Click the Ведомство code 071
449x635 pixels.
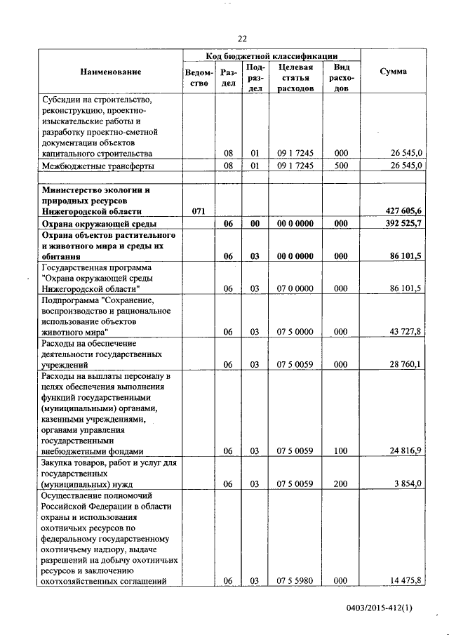click(x=199, y=210)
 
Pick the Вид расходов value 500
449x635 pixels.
click(x=341, y=166)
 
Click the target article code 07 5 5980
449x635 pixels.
click(x=295, y=580)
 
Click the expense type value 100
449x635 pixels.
click(x=341, y=451)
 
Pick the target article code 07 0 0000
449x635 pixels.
click(x=295, y=288)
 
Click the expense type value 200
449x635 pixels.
click(x=341, y=484)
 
